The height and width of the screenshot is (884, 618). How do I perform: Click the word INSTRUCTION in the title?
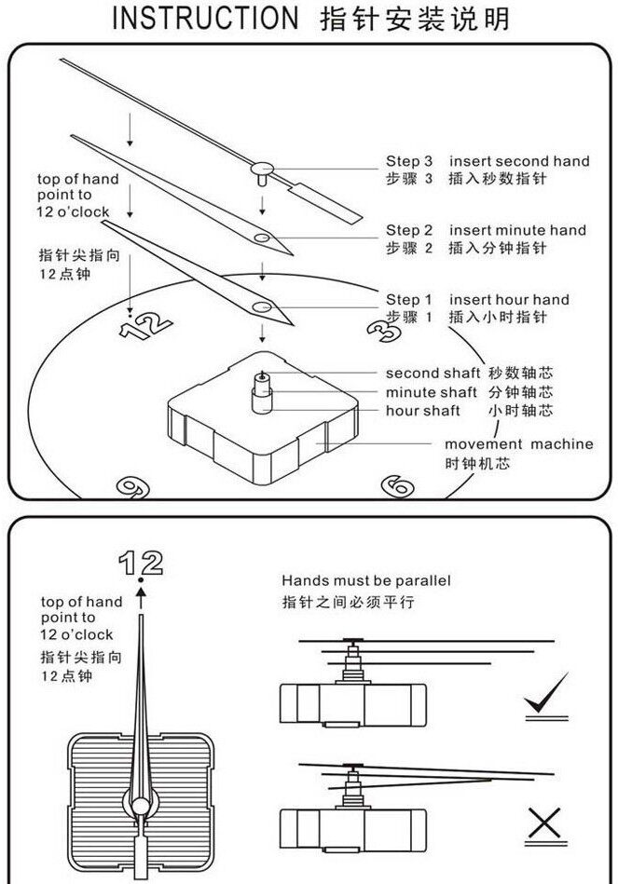[201, 20]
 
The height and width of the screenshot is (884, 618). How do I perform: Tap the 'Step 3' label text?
[409, 161]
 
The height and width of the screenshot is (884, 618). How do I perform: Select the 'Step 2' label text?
[409, 230]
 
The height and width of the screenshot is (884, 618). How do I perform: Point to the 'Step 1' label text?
[409, 300]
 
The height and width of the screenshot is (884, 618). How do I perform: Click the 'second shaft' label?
[433, 374]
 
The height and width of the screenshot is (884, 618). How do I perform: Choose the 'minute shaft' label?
[431, 392]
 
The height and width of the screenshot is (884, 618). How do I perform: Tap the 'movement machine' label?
[518, 444]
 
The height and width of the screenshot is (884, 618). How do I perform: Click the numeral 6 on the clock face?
[396, 484]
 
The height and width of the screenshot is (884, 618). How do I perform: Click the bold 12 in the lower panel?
[141, 563]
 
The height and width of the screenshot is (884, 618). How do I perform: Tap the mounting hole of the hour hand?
[262, 306]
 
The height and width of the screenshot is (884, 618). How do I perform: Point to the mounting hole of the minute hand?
[264, 239]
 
